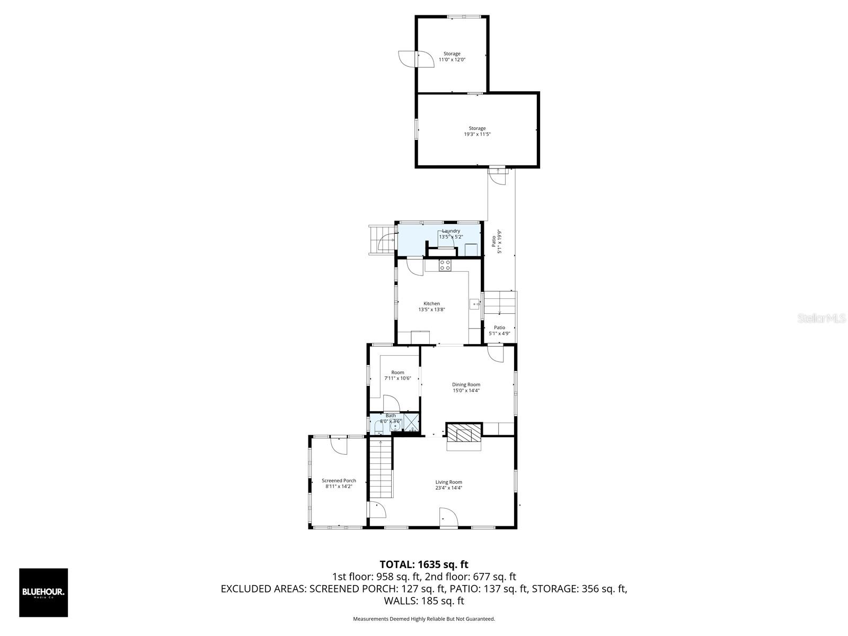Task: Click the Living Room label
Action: [x=448, y=482]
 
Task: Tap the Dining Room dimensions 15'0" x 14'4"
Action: [x=466, y=391]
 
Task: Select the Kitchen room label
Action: [x=431, y=304]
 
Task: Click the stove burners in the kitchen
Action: [x=445, y=266]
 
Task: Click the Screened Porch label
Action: [x=339, y=481]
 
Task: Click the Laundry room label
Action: [x=451, y=231]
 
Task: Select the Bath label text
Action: [x=391, y=416]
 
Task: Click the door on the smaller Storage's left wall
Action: [x=409, y=59]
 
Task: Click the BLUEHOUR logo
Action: [x=43, y=593]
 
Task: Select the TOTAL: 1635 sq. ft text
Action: [x=424, y=564]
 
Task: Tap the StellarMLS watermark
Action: [x=821, y=319]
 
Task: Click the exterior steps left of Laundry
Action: [x=381, y=240]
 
